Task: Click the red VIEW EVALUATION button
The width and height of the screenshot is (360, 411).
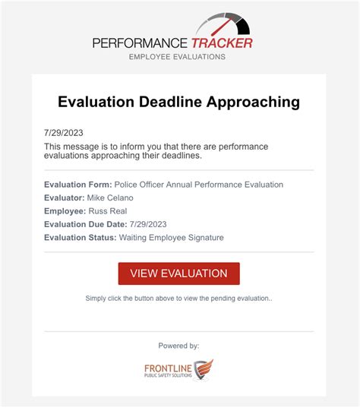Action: [x=178, y=273]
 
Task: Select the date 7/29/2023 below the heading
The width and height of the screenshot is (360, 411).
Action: [x=62, y=133]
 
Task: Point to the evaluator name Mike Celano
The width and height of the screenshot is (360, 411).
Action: [x=109, y=198]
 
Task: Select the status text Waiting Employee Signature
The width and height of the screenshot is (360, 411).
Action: [x=172, y=238]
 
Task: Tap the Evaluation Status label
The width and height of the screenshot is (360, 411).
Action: [x=80, y=238]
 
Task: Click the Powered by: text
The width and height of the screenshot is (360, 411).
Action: [x=178, y=346]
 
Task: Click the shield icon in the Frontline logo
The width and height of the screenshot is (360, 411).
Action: [x=203, y=370]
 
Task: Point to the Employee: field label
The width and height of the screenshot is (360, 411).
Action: [x=64, y=211]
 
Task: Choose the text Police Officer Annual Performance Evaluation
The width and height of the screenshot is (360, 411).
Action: [x=199, y=185]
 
